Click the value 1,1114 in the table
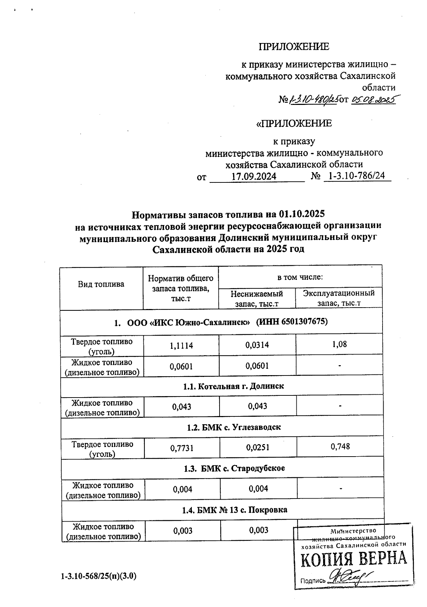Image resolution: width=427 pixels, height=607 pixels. pyautogui.click(x=181, y=345)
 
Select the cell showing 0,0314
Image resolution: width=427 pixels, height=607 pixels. pyautogui.click(x=257, y=345)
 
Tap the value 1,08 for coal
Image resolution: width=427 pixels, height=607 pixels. pyautogui.click(x=339, y=344)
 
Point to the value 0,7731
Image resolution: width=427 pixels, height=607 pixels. pyautogui.click(x=182, y=448)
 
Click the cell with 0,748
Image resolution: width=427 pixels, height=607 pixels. pyautogui.click(x=340, y=447)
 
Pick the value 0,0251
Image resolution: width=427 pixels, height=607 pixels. pyautogui.click(x=258, y=448)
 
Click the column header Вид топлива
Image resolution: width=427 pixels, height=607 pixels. pyautogui.click(x=101, y=284)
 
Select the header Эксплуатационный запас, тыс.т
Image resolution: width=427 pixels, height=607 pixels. pyautogui.click(x=339, y=298)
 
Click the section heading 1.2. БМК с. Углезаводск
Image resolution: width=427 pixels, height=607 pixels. pyautogui.click(x=234, y=427)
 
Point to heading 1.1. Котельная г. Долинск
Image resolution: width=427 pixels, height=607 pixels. pyautogui.click(x=233, y=386)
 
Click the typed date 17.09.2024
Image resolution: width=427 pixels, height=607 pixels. pyautogui.click(x=254, y=176)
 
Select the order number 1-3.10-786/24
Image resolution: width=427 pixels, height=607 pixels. pyautogui.click(x=357, y=176)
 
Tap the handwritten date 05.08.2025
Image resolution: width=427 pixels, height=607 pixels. pyautogui.click(x=373, y=100)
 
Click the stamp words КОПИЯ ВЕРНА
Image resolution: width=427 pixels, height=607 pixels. pyautogui.click(x=353, y=559)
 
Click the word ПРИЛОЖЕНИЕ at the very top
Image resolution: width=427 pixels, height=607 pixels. pyautogui.click(x=294, y=47)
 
